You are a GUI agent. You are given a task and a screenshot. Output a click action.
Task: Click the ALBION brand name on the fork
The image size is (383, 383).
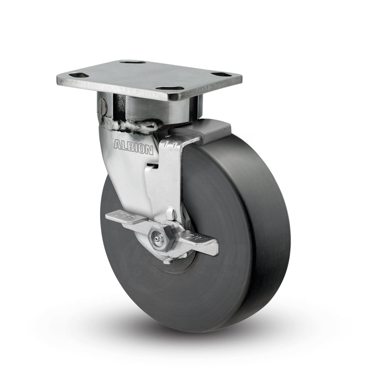click(x=133, y=145)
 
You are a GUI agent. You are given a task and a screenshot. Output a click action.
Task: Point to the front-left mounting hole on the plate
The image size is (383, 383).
click(x=79, y=75)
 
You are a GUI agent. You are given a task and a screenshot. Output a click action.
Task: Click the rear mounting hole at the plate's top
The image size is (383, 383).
click(x=132, y=62)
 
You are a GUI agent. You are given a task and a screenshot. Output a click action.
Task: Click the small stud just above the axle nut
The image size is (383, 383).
click(x=170, y=212)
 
